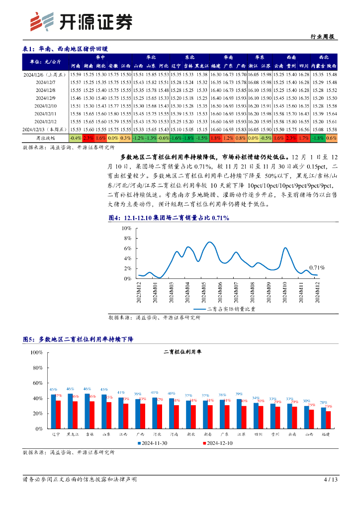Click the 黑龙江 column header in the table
point(201,66)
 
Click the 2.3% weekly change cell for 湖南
point(88,138)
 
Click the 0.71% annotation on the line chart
point(317,267)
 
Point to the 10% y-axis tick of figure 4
point(126,228)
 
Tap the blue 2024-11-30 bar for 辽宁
point(53,411)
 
